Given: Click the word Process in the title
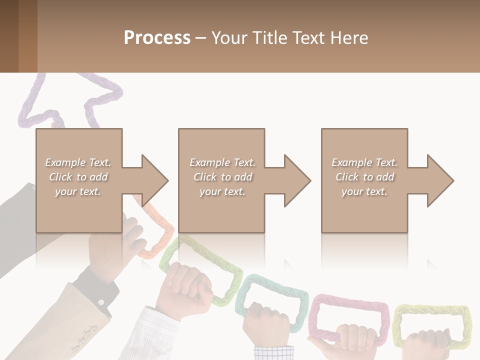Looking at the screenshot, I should [x=157, y=38].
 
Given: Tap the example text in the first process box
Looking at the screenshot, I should [x=78, y=177].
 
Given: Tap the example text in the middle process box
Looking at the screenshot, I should [x=222, y=177].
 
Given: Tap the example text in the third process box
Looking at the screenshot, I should [x=364, y=177].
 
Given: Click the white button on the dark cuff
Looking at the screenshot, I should [x=100, y=302].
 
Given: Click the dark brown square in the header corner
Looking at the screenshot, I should [x=9, y=36].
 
